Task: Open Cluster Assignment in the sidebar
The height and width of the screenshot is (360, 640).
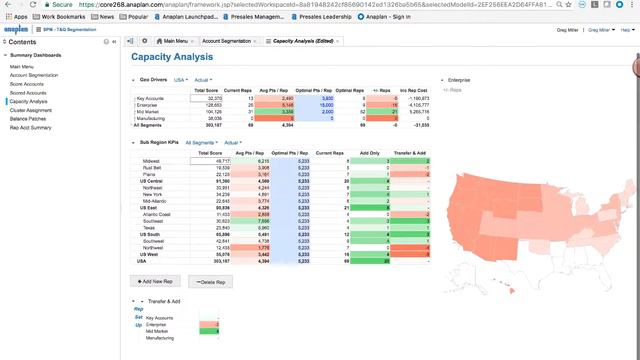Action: click(x=32, y=110)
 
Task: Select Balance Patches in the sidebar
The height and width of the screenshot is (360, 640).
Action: click(x=29, y=119)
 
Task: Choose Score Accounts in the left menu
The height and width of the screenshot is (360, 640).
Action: click(x=27, y=84)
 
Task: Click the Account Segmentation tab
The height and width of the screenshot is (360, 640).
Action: click(x=228, y=41)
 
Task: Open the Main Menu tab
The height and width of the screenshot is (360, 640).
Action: click(x=171, y=41)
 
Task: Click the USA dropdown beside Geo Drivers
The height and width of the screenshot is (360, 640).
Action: click(x=180, y=79)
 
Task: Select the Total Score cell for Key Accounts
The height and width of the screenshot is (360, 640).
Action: click(x=209, y=99)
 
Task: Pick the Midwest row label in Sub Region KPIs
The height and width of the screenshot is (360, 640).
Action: click(x=151, y=160)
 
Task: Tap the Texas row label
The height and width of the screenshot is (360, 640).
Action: click(x=149, y=226)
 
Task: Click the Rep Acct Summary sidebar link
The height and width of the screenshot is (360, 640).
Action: click(x=30, y=128)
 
